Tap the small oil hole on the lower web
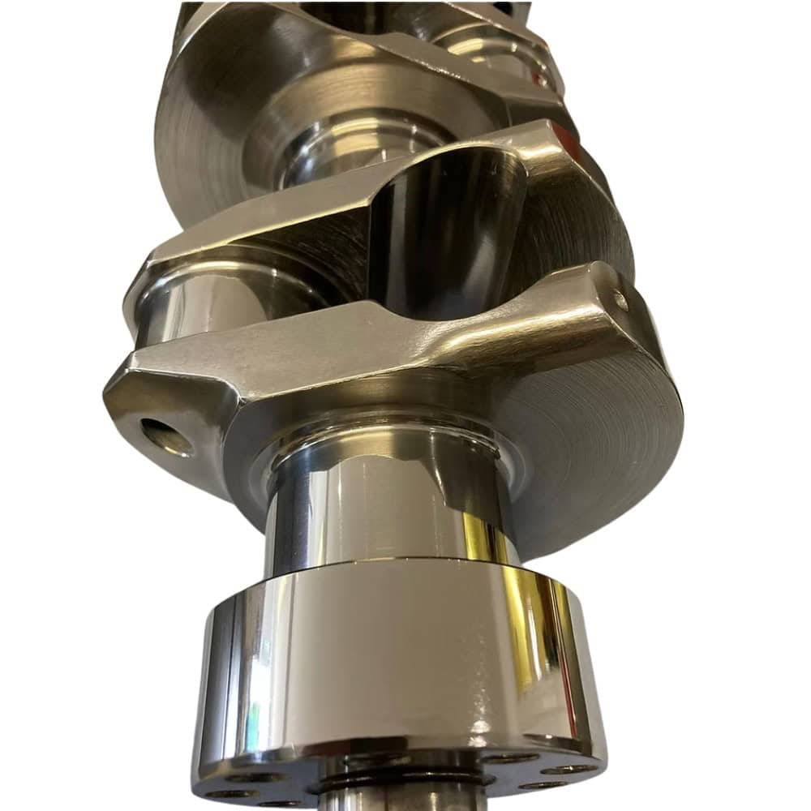[621, 301]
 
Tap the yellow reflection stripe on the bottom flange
[551, 641]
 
